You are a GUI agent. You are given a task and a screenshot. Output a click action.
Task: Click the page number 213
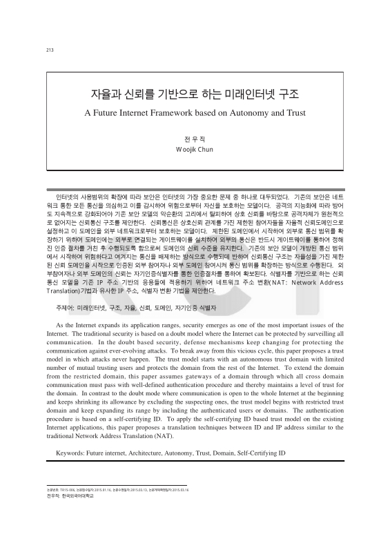49,50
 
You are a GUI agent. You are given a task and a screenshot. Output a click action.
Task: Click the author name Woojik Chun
195,149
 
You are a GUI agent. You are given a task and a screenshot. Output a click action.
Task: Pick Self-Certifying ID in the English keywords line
270,453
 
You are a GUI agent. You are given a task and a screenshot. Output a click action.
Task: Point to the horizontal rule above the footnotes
110,504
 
